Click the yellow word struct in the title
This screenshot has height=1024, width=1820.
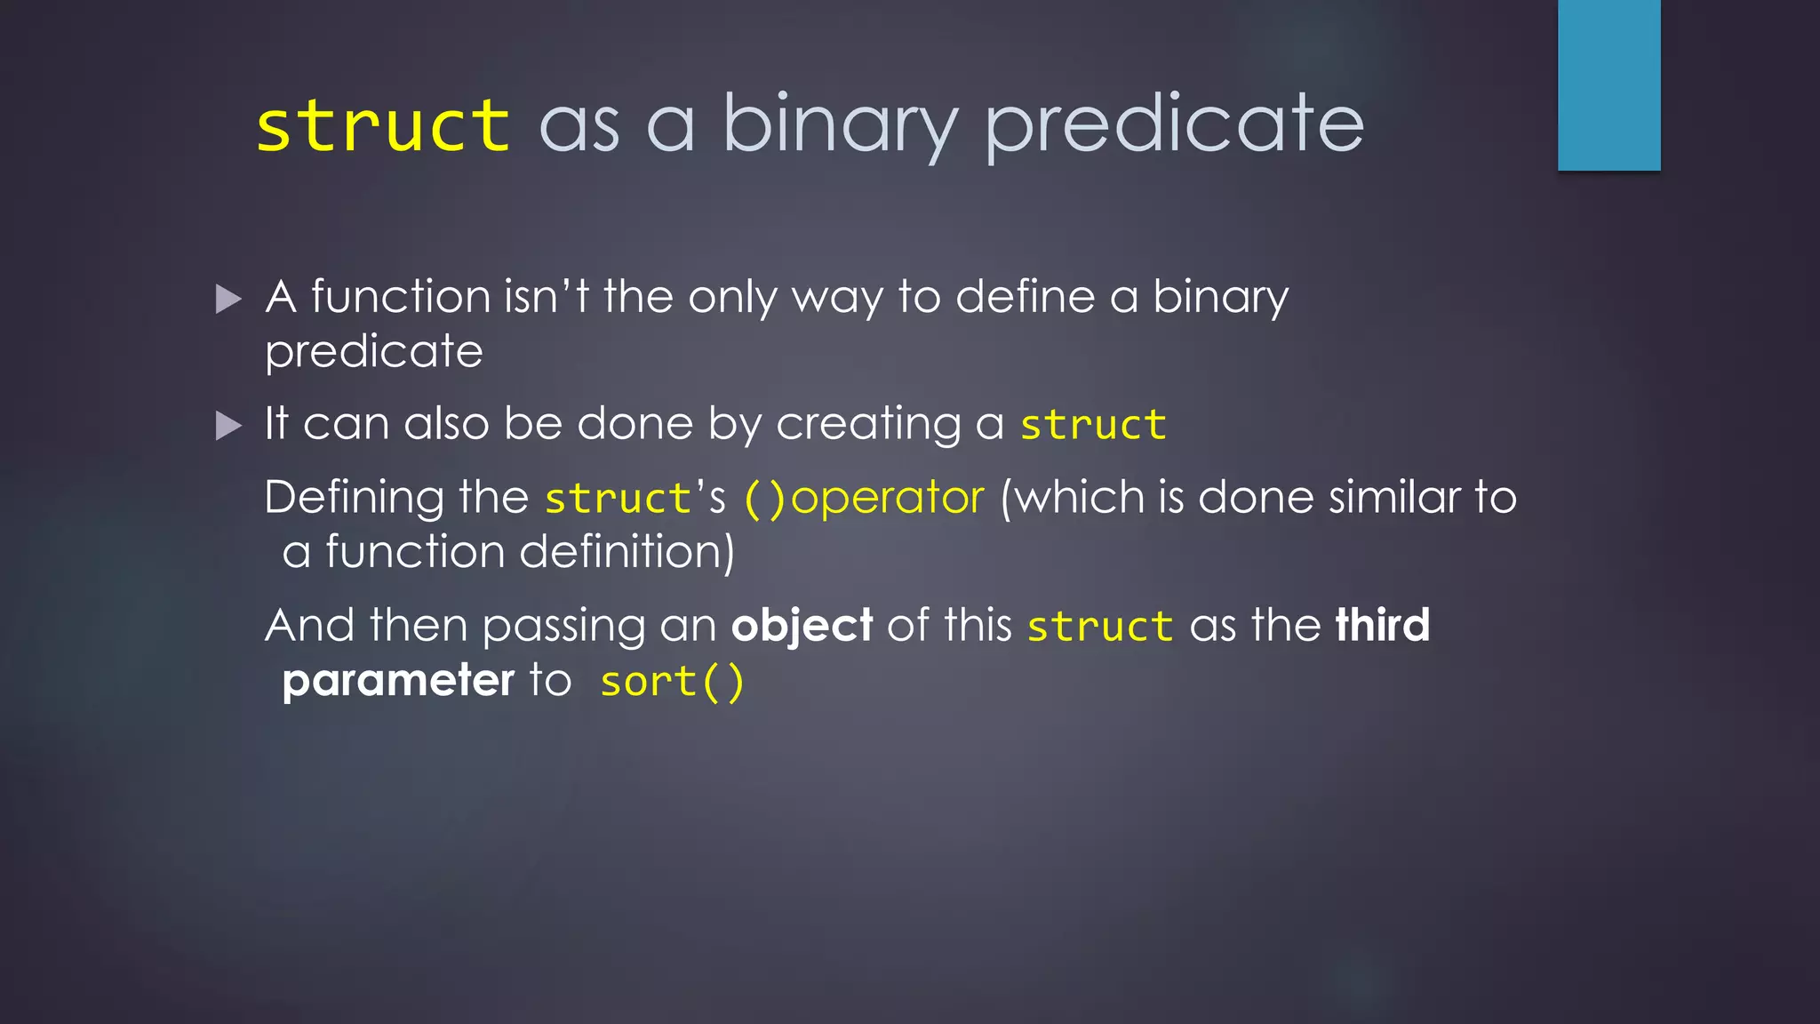(383, 126)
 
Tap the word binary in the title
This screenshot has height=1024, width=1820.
(840, 126)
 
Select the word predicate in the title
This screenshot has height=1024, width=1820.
(1174, 126)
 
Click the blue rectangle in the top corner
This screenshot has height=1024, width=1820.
(1608, 84)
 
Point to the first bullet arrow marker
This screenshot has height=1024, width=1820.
(228, 300)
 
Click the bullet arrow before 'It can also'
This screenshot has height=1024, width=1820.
(228, 427)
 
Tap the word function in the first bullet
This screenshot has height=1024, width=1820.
(401, 296)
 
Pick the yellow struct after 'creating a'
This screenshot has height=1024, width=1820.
(1092, 425)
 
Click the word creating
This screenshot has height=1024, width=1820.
(867, 424)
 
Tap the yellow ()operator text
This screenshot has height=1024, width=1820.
(864, 498)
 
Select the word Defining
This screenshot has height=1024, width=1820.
(354, 498)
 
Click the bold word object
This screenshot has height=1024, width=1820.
(802, 626)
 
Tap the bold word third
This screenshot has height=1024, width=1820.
(1382, 625)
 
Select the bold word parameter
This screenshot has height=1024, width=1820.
(398, 681)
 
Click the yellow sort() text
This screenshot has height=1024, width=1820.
(672, 683)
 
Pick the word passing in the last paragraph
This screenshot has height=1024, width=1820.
(563, 627)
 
